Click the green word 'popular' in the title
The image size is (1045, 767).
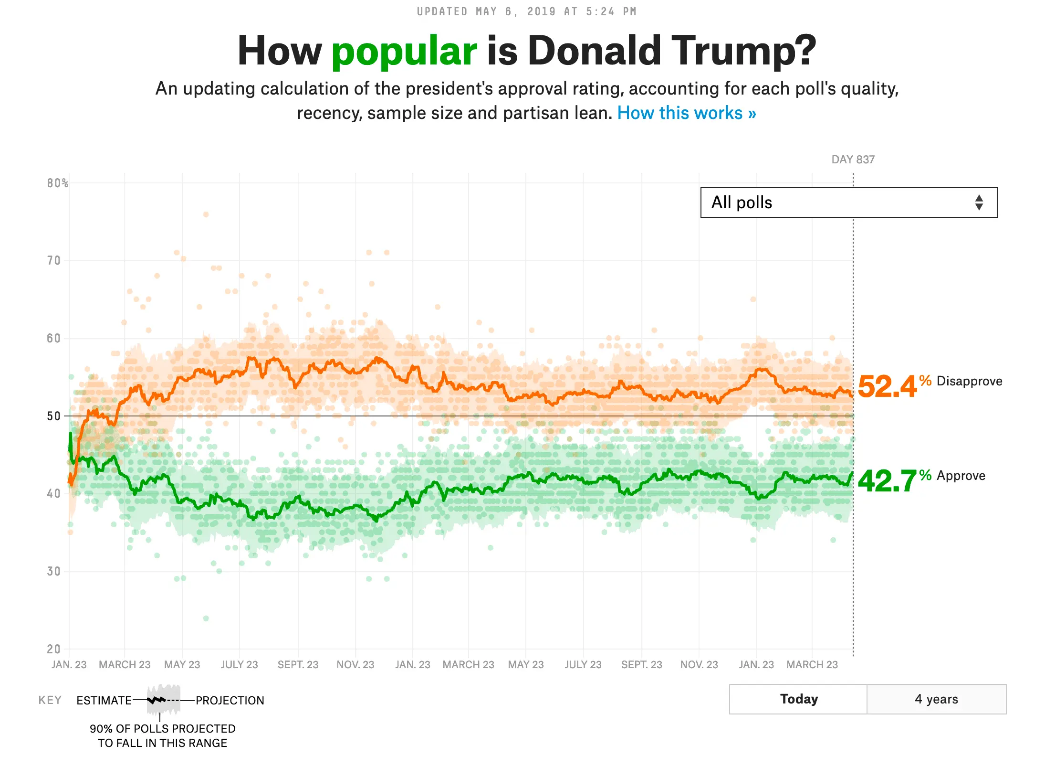click(x=404, y=52)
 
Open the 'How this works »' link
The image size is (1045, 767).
click(x=686, y=113)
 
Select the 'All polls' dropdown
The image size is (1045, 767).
click(x=848, y=202)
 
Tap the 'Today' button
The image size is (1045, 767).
click(x=798, y=699)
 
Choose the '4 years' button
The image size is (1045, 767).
click(x=936, y=699)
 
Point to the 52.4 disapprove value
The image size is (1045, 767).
click(x=887, y=386)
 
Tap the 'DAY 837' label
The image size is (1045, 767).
click(x=853, y=160)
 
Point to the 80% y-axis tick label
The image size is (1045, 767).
click(x=57, y=183)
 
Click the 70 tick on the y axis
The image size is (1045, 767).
click(x=54, y=261)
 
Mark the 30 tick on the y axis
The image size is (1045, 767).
click(x=54, y=572)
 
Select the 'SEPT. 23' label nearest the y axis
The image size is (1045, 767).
click(x=298, y=665)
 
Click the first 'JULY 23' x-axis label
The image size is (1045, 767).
click(x=239, y=665)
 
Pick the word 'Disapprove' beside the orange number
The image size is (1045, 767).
click(x=969, y=381)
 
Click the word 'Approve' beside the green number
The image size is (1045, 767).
click(x=961, y=476)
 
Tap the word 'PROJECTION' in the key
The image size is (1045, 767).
click(x=230, y=701)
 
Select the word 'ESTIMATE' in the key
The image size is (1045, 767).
click(x=104, y=701)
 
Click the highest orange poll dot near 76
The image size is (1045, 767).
click(x=206, y=214)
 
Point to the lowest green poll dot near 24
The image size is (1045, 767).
click(x=206, y=618)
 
